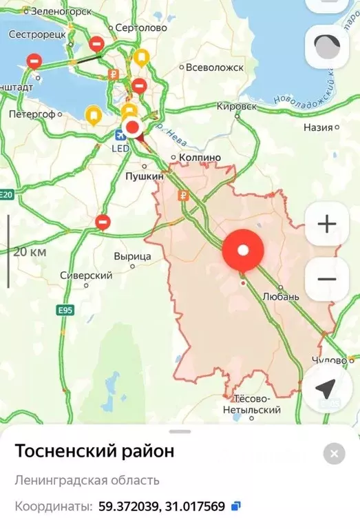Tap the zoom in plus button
pyautogui.click(x=327, y=224)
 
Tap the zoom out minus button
pyautogui.click(x=327, y=279)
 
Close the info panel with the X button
pyautogui.click(x=334, y=453)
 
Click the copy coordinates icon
pyautogui.click(x=235, y=506)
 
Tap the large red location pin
pyautogui.click(x=242, y=251)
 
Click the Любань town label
pyautogui.click(x=282, y=296)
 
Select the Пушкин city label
pyautogui.click(x=145, y=176)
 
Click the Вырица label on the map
pyautogui.click(x=132, y=256)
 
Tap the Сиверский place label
pyautogui.click(x=86, y=276)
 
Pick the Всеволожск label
pyautogui.click(x=215, y=68)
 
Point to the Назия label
pyautogui.click(x=318, y=127)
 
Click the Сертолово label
pyautogui.click(x=142, y=28)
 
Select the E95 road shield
pyautogui.click(x=65, y=311)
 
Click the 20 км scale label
pyautogui.click(x=30, y=251)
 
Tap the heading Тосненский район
pyautogui.click(x=94, y=452)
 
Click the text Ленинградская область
pyautogui.click(x=87, y=480)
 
